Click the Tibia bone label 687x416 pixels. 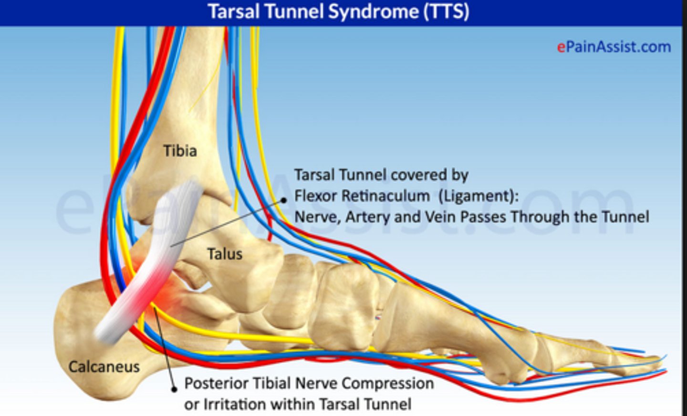pyautogui.click(x=180, y=151)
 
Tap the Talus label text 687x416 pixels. pyautogui.click(x=224, y=254)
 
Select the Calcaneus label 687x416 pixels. pyautogui.click(x=104, y=366)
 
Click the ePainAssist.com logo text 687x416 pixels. pyautogui.click(x=614, y=47)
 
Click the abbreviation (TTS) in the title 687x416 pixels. pyautogui.click(x=446, y=11)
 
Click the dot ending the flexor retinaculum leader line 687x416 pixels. pyautogui.click(x=284, y=200)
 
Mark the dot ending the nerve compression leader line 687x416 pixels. pyautogui.click(x=174, y=389)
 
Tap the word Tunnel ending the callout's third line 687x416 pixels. pyautogui.click(x=625, y=217)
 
